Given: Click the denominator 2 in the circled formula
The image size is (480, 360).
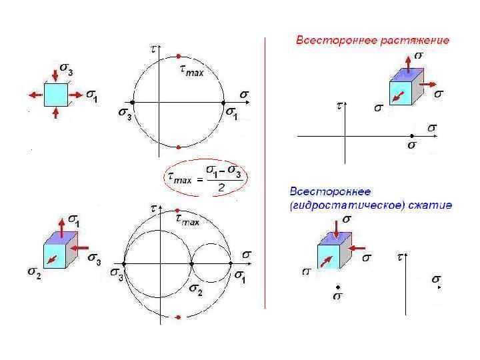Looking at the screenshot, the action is [221, 188].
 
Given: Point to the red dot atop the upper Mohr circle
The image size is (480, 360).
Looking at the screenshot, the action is [178, 56].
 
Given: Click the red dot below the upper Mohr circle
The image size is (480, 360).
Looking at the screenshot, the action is [178, 147].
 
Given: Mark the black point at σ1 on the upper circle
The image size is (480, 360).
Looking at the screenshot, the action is [224, 102].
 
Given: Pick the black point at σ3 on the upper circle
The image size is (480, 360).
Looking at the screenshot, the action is [133, 102].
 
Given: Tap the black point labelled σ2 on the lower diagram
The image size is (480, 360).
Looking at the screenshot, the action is [191, 264].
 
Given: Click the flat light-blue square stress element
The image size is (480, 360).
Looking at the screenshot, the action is [56, 95].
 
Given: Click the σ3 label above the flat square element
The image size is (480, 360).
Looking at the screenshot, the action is [65, 69].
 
